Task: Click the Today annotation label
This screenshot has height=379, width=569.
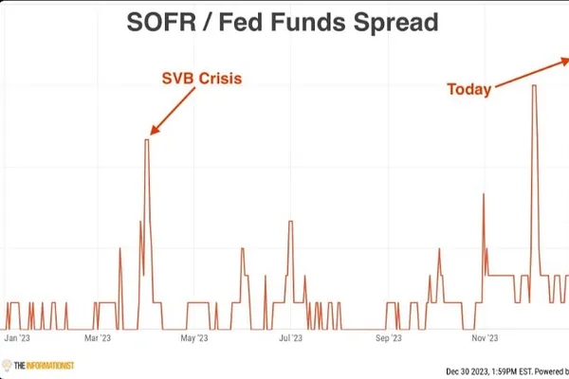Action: point(469,90)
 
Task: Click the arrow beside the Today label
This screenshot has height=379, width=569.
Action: point(531,75)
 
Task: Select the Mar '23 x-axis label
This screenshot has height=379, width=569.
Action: point(98,337)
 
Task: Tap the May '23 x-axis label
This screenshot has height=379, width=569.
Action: point(193,337)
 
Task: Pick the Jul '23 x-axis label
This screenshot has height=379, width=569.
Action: point(290,337)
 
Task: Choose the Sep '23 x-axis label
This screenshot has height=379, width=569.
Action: point(388,337)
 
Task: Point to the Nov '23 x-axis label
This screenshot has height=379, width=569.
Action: point(486,337)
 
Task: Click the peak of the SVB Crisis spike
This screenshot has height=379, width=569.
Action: point(146,140)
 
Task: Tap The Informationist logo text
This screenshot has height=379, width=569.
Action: point(44,365)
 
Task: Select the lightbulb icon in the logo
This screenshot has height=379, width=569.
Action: point(7,365)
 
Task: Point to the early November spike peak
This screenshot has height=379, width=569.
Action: point(485,194)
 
